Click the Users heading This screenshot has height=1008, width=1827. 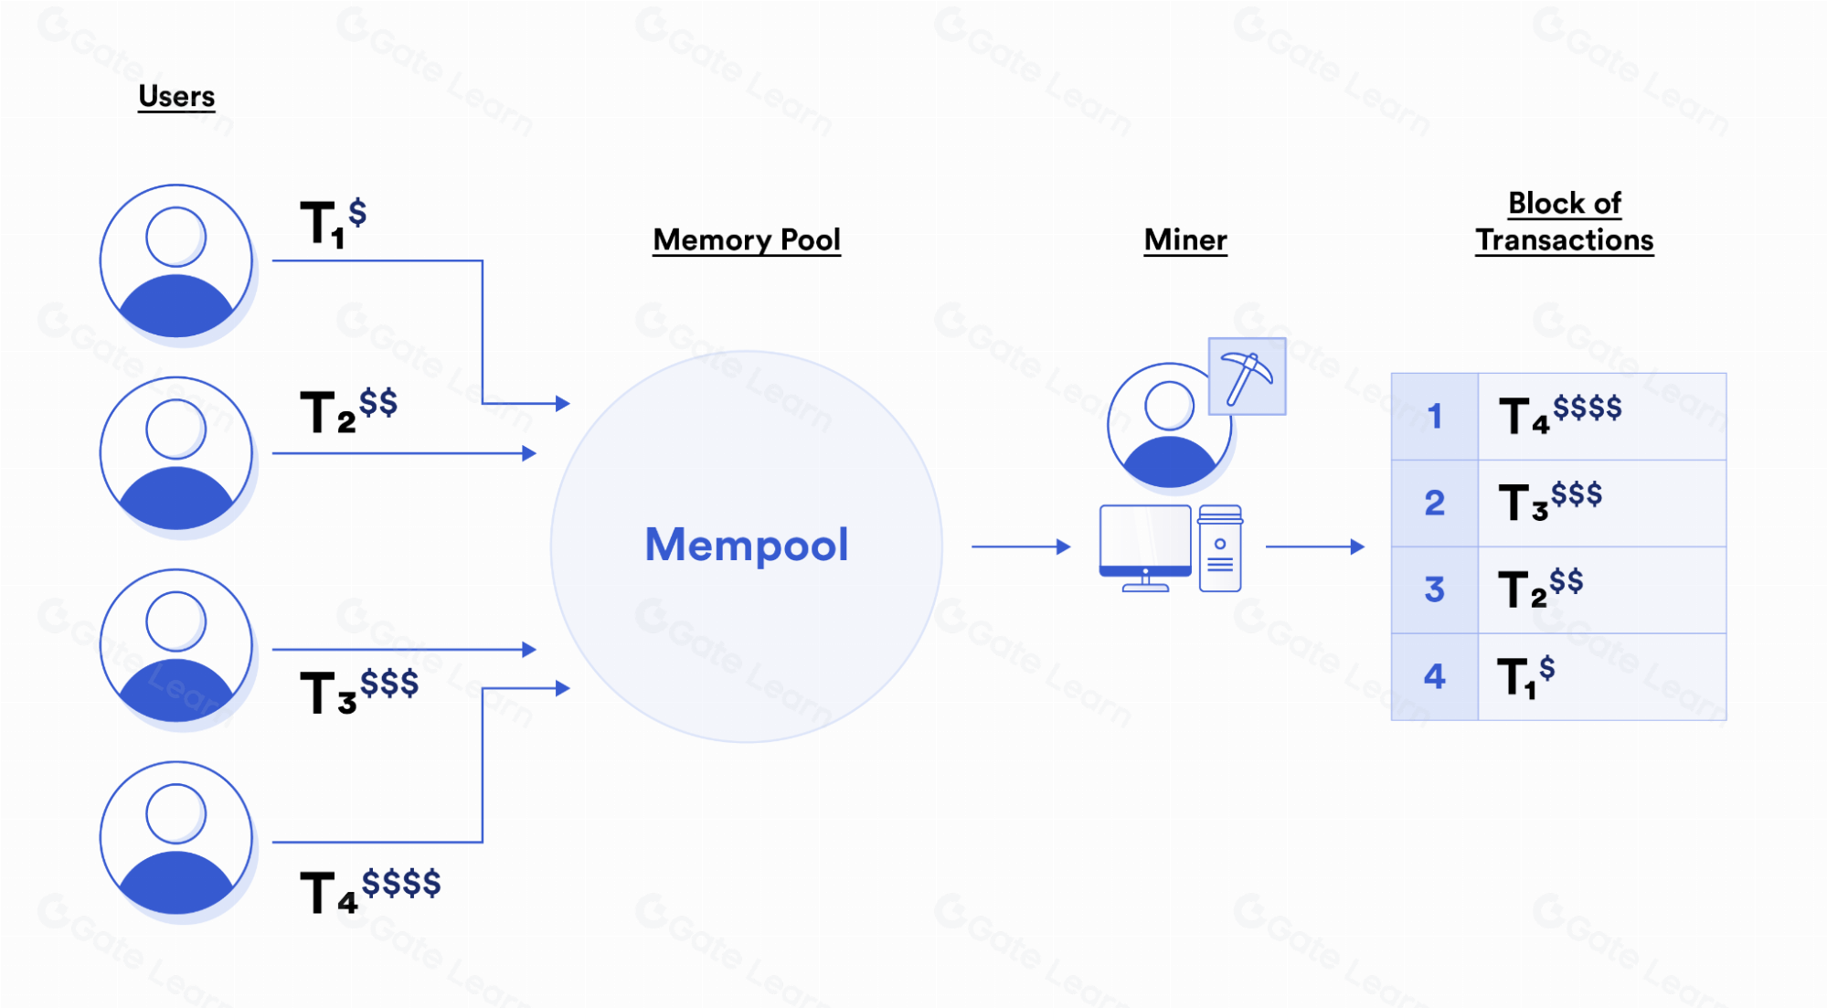pyautogui.click(x=176, y=96)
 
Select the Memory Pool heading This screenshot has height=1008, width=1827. pyautogui.click(x=746, y=239)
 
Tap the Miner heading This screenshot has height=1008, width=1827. pyautogui.click(x=1184, y=239)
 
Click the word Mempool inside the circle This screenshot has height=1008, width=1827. pyautogui.click(x=746, y=545)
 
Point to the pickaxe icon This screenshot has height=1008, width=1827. pyautogui.click(x=1247, y=377)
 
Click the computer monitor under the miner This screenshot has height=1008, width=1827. pyautogui.click(x=1145, y=546)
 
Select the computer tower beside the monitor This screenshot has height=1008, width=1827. pyautogui.click(x=1220, y=548)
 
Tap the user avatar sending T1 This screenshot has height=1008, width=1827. pyautogui.click(x=176, y=261)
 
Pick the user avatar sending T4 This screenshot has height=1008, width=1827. pyautogui.click(x=176, y=838)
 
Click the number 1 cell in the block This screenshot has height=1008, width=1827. pyautogui.click(x=1434, y=417)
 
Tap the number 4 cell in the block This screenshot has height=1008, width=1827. pyautogui.click(x=1434, y=676)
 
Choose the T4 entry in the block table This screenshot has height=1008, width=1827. pyautogui.click(x=1559, y=413)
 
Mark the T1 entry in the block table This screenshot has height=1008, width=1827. pyautogui.click(x=1525, y=676)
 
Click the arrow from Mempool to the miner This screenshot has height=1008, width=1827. pyautogui.click(x=1020, y=546)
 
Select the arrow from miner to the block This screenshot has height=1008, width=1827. pyautogui.click(x=1314, y=546)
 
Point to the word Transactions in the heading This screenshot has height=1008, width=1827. pyautogui.click(x=1564, y=240)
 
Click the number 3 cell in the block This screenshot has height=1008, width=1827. pyautogui.click(x=1434, y=589)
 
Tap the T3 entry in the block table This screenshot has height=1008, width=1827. pyautogui.click(x=1549, y=501)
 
